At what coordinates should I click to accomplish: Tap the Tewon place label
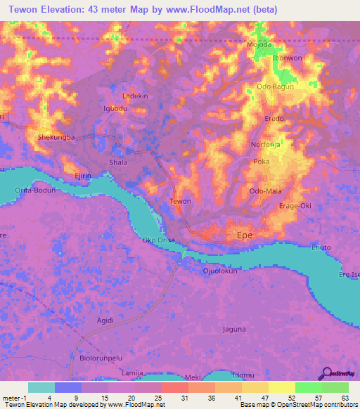181,202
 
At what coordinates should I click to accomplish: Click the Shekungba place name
56,138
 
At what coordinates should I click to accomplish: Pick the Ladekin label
135,96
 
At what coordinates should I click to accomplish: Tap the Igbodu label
115,109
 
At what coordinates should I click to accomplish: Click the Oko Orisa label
158,240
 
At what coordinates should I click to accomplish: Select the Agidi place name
105,320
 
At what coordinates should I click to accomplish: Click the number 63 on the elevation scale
345,398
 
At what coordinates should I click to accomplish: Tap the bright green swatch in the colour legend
308,387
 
